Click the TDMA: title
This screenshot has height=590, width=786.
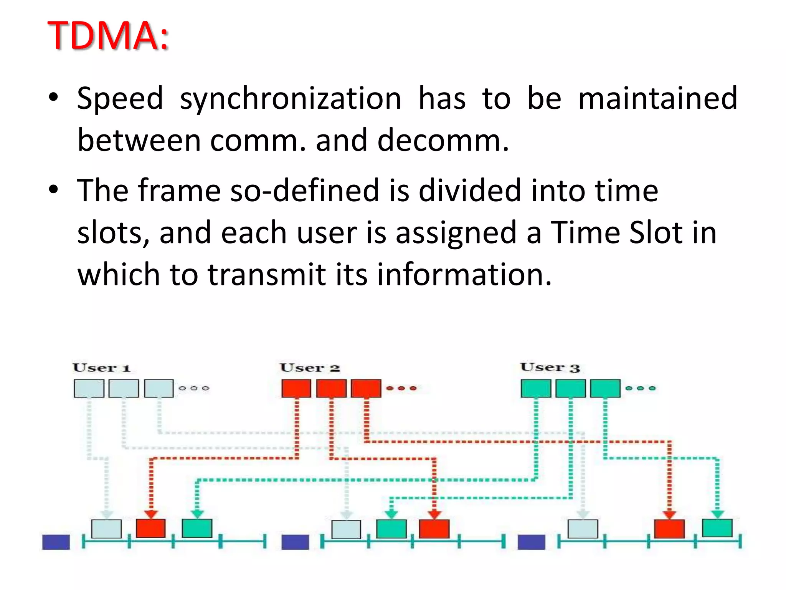108,35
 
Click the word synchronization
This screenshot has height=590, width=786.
290,99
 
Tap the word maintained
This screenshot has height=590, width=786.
657,99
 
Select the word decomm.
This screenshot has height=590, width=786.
443,141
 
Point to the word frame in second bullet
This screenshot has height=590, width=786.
179,191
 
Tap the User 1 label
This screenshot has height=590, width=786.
102,368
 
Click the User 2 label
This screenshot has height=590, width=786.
310,368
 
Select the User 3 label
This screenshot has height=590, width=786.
550,368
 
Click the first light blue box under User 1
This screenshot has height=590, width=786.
89,388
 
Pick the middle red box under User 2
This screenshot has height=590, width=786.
331,388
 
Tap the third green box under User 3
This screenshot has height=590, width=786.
605,388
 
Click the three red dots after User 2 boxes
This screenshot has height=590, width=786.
401,388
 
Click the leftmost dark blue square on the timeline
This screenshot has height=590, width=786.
56,542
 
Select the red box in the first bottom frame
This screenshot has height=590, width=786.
151,529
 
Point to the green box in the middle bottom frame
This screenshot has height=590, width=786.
391,529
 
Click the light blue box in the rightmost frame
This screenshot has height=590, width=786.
583,529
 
